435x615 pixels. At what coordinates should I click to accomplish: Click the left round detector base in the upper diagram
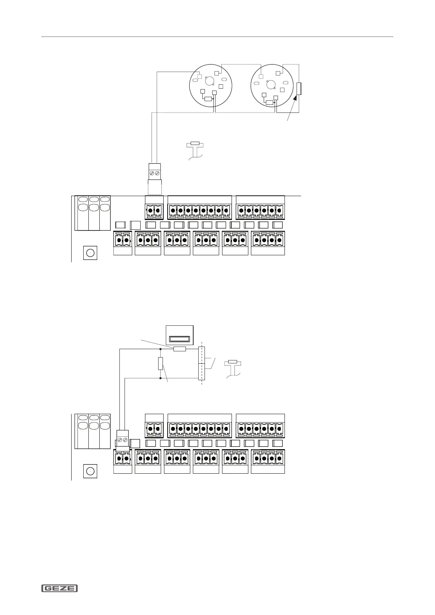click(x=210, y=86)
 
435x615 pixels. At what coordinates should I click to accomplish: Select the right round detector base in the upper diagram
click(x=272, y=86)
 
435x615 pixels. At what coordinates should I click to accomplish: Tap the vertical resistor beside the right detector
click(x=299, y=89)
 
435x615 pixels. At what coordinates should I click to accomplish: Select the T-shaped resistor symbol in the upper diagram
click(x=195, y=145)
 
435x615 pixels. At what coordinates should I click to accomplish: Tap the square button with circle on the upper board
click(x=90, y=253)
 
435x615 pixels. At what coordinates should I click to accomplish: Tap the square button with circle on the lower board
click(x=90, y=471)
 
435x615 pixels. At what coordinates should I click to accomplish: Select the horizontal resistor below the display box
click(x=179, y=349)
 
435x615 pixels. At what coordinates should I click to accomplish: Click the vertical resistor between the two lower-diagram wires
click(x=160, y=363)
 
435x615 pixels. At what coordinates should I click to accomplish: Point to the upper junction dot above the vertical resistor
click(x=160, y=349)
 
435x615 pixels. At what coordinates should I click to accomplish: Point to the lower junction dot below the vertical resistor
click(x=160, y=378)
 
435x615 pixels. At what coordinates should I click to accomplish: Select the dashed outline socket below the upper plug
click(x=154, y=187)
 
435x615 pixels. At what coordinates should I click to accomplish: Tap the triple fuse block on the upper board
click(x=92, y=213)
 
